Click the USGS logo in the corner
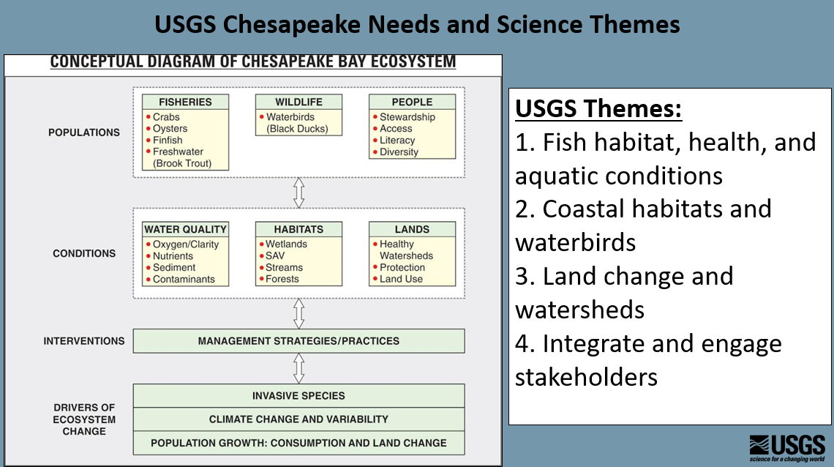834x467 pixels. pos(786,445)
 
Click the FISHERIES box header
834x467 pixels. pos(186,102)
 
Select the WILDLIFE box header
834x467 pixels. pos(298,102)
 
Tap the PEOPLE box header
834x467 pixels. pos(412,102)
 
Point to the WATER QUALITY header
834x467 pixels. pos(186,229)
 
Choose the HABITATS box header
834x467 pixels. pos(298,229)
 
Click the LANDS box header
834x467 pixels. pos(412,229)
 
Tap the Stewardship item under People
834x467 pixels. pos(407,117)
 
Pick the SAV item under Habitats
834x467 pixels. pos(275,256)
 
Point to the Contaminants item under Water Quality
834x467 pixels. pos(184,280)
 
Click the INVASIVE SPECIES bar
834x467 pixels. pos(298,396)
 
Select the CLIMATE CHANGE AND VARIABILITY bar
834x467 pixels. pos(298,419)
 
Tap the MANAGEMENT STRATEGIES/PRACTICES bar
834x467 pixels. pos(298,341)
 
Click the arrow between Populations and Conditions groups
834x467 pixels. pos(298,193)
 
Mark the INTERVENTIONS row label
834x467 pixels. pos(84,341)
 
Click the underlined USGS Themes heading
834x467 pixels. pos(598,109)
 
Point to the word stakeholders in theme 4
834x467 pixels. pos(586,376)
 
